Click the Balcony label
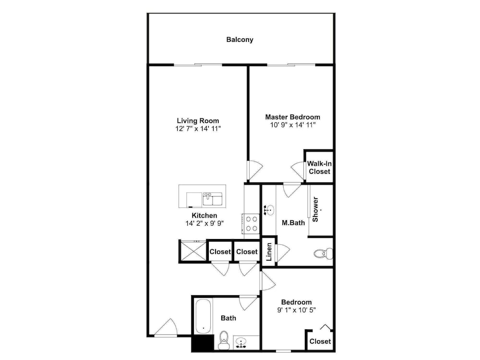[x=240, y=39]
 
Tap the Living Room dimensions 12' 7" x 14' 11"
[x=198, y=129]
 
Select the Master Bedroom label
[x=293, y=117]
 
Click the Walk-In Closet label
[x=319, y=168]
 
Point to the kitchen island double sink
[x=213, y=199]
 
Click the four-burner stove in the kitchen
[x=252, y=224]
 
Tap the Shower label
[x=315, y=209]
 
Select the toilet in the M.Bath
[x=323, y=253]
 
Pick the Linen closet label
[x=269, y=252]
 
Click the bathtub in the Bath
[x=203, y=316]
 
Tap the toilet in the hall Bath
[x=224, y=340]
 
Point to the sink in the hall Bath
[x=242, y=343]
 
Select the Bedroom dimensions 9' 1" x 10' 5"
[x=296, y=310]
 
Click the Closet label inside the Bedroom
[x=320, y=341]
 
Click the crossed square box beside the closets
[x=193, y=251]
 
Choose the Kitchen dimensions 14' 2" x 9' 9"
[x=204, y=224]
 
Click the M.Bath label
[x=293, y=223]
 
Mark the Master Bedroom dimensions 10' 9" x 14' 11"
[x=293, y=125]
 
